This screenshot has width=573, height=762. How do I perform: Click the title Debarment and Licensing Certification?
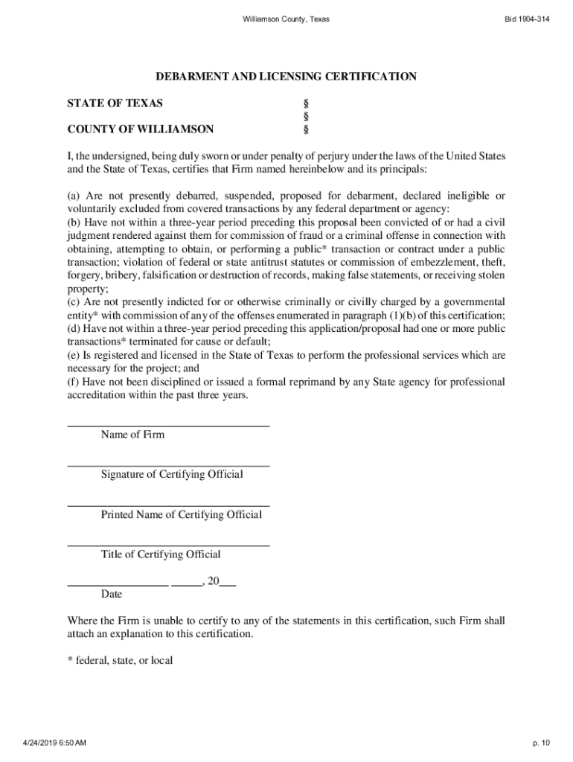286,77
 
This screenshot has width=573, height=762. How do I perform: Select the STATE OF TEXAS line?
115,103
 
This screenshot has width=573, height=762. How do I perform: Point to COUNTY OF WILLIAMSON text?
141,129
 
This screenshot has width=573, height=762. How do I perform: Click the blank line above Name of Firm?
168,425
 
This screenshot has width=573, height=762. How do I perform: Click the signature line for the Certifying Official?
168,465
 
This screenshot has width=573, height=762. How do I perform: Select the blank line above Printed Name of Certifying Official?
168,505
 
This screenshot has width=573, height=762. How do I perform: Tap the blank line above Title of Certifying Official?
168,545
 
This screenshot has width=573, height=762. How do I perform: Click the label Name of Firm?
132,435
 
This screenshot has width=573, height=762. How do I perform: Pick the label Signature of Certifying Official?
172,475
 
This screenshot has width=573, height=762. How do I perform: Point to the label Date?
112,595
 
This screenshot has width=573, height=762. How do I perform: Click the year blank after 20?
228,586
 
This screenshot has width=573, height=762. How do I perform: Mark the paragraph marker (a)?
74,196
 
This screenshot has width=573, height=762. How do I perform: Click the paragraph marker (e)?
74,356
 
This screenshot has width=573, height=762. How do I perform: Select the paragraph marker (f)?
74,382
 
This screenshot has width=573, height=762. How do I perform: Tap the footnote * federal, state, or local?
120,660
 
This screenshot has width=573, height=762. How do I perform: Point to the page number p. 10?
540,743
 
